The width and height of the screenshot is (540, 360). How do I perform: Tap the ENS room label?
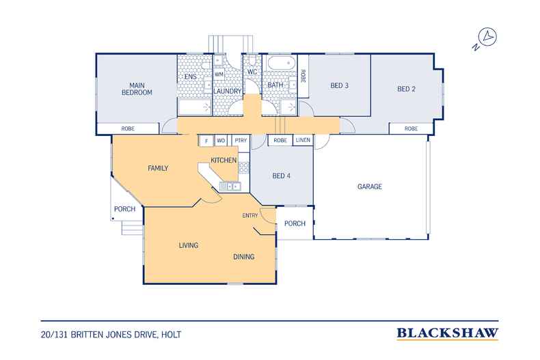[x=191, y=77]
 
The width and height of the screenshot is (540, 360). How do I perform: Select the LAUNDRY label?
[x=228, y=91]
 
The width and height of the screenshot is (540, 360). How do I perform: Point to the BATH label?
[x=275, y=85]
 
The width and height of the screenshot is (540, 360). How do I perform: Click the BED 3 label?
[x=340, y=85]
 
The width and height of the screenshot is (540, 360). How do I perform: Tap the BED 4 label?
[x=282, y=176]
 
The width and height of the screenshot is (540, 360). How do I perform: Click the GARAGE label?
[x=369, y=186]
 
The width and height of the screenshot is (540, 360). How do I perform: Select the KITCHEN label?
[x=224, y=160]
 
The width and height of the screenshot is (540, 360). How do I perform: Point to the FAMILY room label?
[x=158, y=167]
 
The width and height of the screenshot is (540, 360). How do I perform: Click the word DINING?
[x=243, y=257]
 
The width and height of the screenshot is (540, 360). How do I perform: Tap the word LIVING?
[x=188, y=245]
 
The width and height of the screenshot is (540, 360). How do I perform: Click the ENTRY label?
[x=250, y=216]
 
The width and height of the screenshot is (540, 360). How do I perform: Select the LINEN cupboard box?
[x=303, y=141]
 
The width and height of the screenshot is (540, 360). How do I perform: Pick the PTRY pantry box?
[x=240, y=141]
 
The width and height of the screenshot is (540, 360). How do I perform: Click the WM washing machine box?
[x=219, y=74]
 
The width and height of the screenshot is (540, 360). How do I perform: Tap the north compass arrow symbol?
[x=487, y=37]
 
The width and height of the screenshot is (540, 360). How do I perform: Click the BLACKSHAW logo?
[x=447, y=333]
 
